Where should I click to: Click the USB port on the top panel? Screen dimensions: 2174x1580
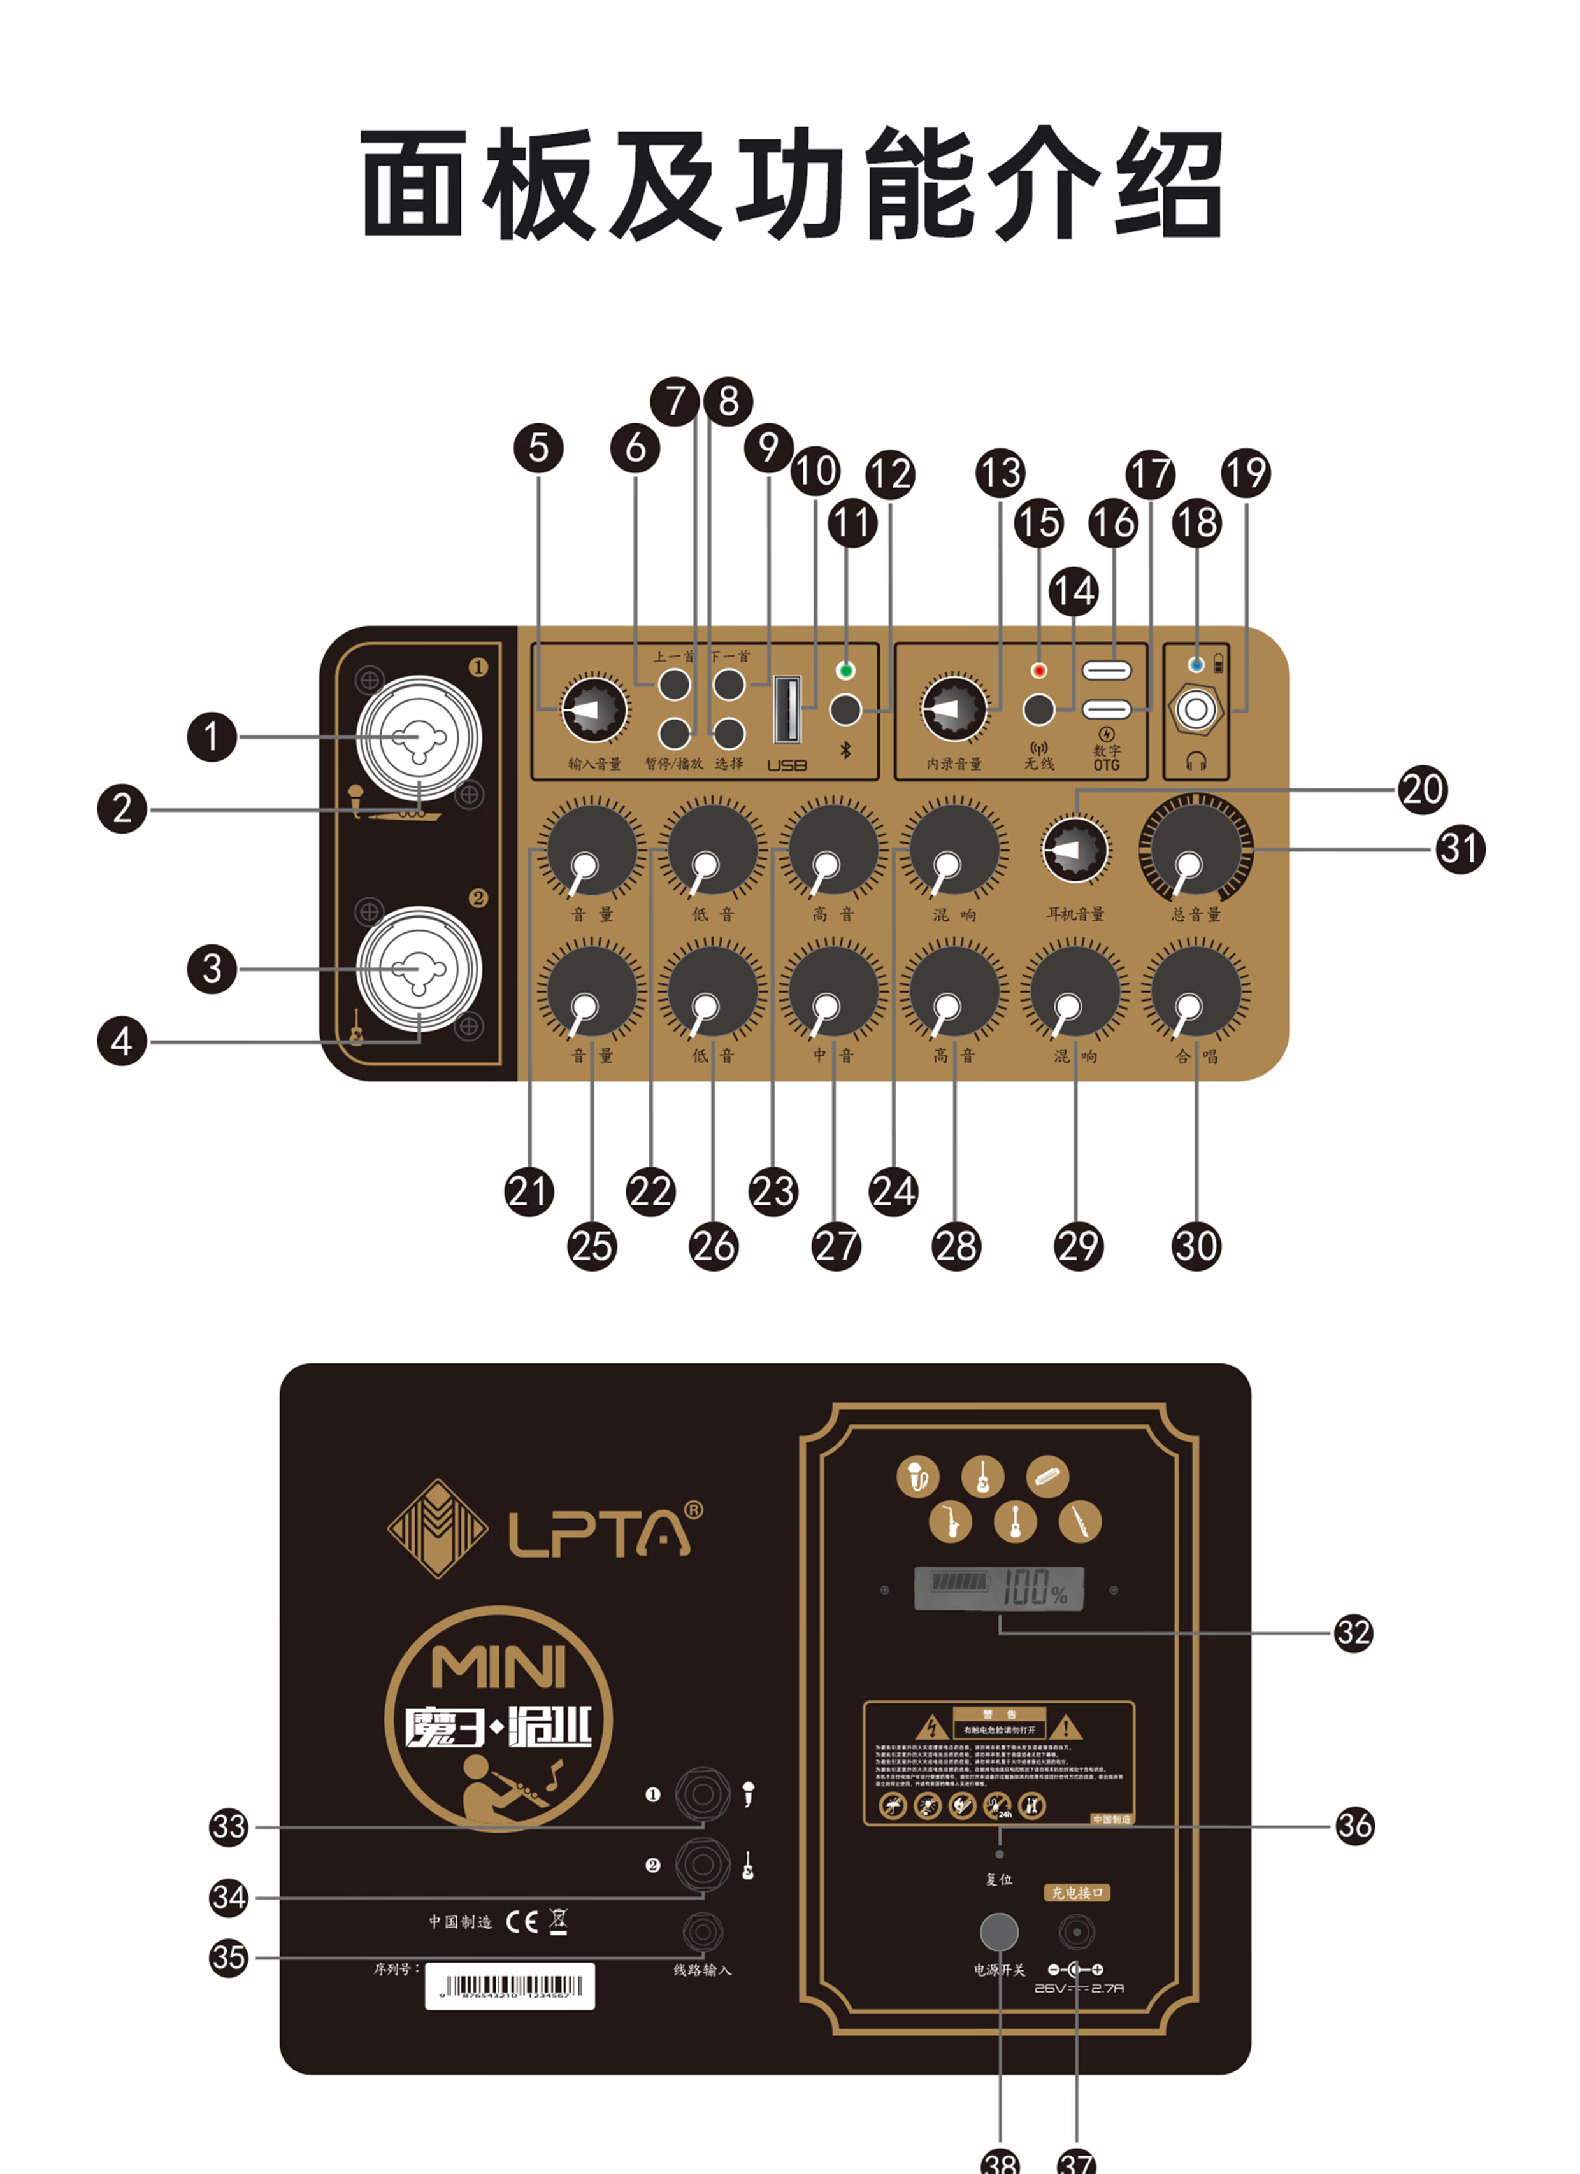787,709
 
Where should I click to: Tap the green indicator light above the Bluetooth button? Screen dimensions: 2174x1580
845,670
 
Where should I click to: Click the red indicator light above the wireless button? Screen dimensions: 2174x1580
1038,670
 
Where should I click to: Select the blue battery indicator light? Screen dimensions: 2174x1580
1196,664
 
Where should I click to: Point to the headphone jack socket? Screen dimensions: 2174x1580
1196,710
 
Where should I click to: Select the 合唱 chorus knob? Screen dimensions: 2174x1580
1196,991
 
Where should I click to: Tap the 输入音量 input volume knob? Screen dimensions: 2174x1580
594,710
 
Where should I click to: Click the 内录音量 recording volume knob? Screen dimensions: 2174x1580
953,710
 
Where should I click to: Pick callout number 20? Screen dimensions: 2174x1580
1422,789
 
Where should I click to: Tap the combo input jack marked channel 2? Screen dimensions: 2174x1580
419,969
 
